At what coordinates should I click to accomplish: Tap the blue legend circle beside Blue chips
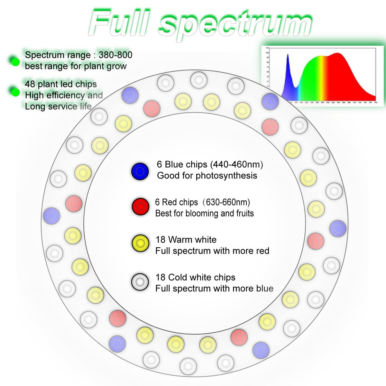coord(140,171)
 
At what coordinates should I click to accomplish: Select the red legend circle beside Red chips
coord(140,207)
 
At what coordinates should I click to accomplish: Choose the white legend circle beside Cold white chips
coord(140,282)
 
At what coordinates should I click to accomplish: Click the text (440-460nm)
coord(237,164)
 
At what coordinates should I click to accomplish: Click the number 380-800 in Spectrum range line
coord(115,55)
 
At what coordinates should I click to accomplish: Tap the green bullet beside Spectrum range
coord(15,61)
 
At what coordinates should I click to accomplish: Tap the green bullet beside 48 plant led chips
coord(15,92)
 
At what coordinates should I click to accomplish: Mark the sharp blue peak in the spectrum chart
coord(288,56)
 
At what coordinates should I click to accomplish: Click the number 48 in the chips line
coord(30,84)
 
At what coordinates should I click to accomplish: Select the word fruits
coord(245,213)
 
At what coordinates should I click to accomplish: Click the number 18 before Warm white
coord(160,240)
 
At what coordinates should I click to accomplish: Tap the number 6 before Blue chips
coord(160,164)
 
